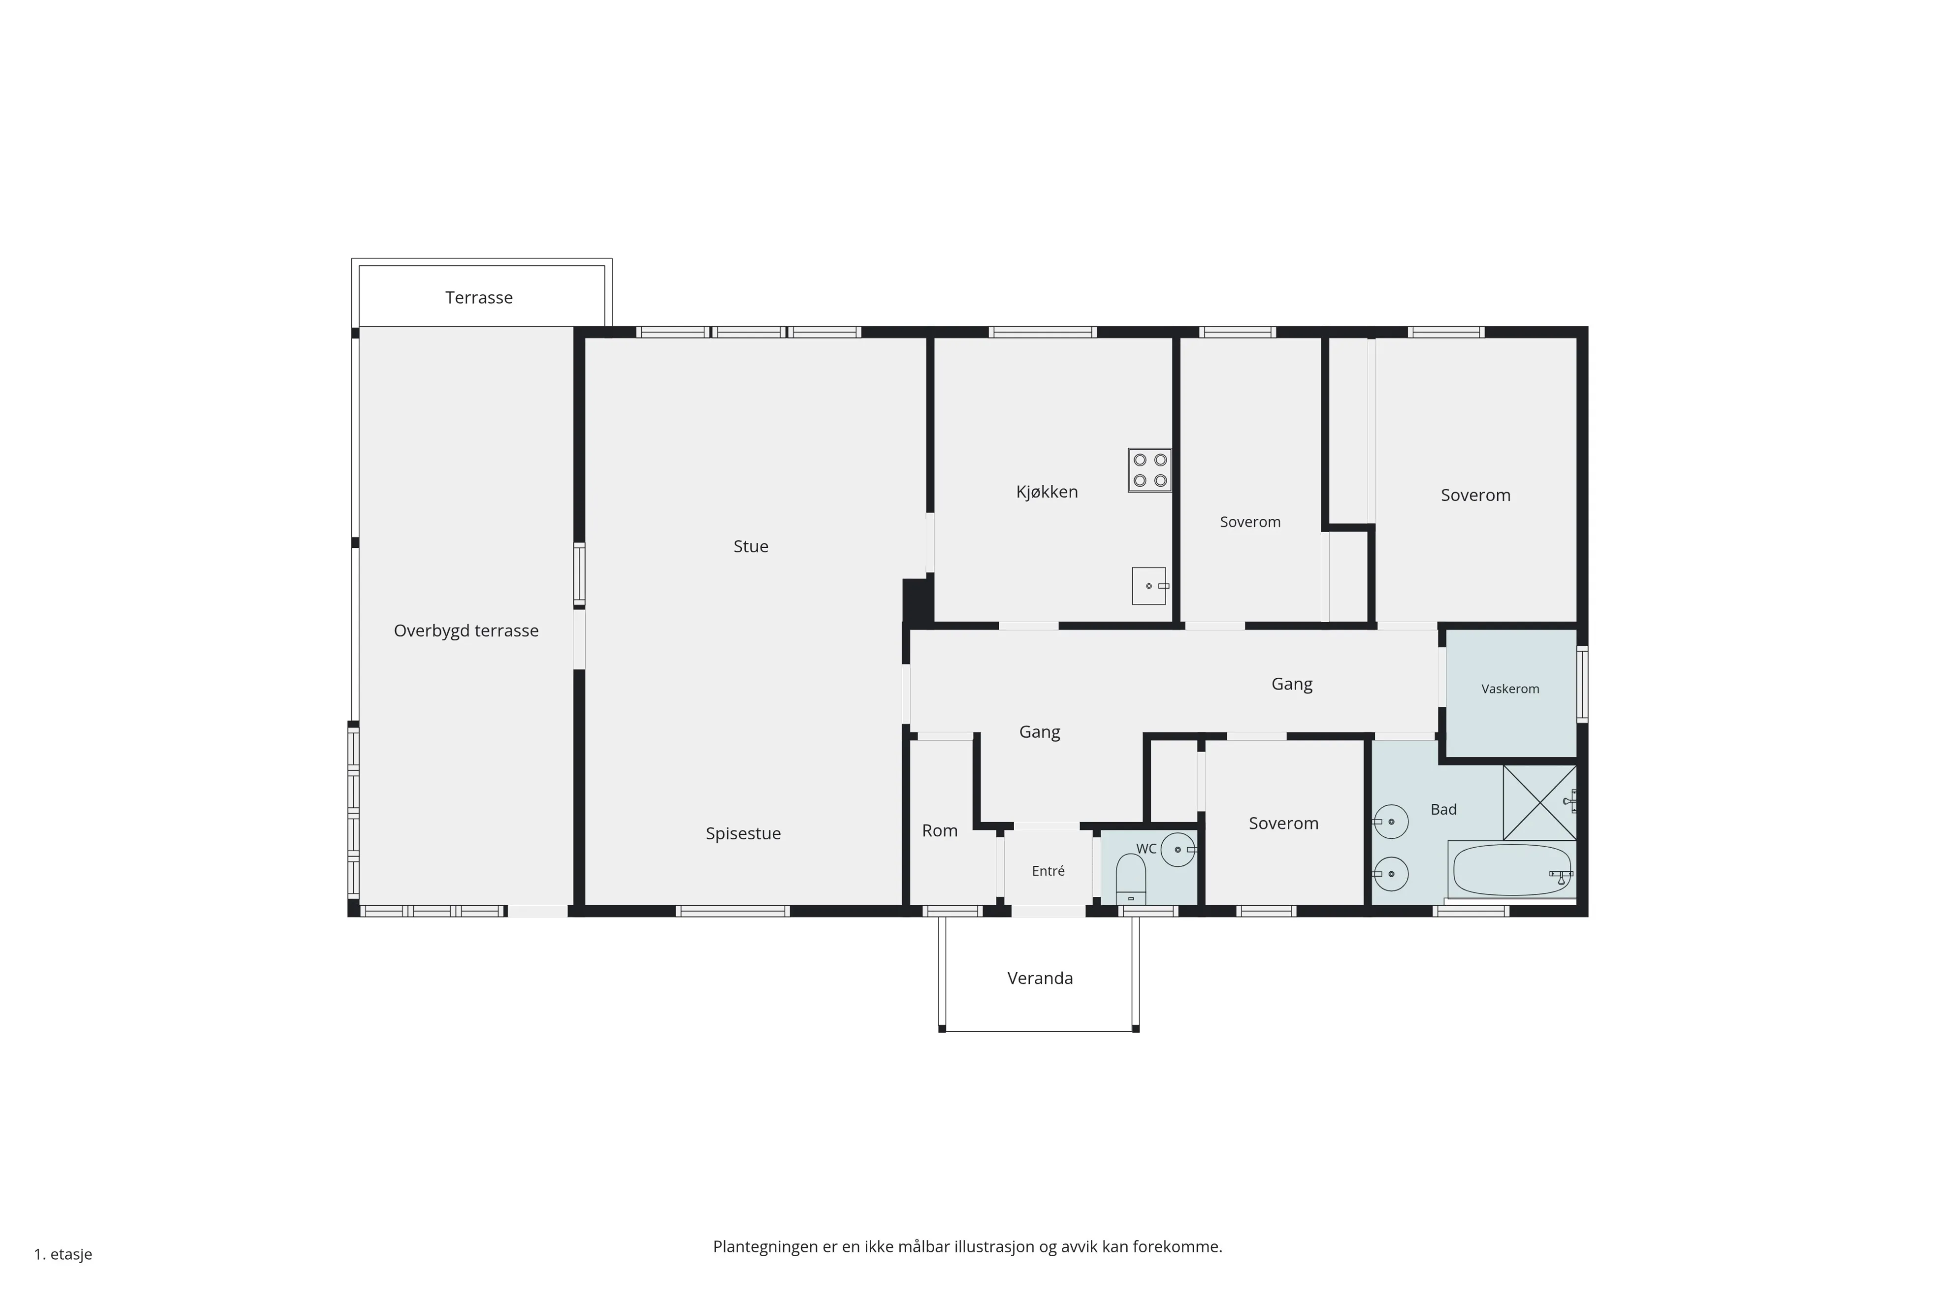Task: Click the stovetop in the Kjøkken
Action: coord(1149,470)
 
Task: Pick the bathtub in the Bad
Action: coord(1511,870)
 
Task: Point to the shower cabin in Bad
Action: coord(1539,803)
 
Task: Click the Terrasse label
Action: coord(479,297)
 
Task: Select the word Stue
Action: coord(751,546)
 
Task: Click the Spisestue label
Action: coord(743,833)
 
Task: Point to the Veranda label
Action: coord(1040,978)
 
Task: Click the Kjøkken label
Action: coord(1047,491)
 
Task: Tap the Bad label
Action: coord(1443,809)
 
